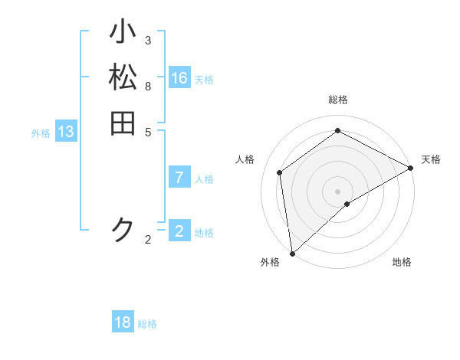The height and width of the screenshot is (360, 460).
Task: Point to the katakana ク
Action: (x=123, y=230)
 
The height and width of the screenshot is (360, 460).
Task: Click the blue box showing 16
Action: (x=179, y=78)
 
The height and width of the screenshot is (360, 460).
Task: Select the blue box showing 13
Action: (x=66, y=132)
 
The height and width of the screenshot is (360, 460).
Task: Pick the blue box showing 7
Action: (x=179, y=178)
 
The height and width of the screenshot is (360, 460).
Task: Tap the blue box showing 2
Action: (x=179, y=231)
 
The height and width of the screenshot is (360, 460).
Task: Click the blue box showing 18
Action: (x=123, y=322)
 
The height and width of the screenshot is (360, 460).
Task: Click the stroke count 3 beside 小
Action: (x=148, y=40)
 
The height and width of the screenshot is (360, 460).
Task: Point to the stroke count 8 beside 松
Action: (x=148, y=85)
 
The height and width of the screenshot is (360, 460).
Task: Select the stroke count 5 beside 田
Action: (x=148, y=131)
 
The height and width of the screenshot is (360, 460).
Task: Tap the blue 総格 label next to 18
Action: (x=147, y=324)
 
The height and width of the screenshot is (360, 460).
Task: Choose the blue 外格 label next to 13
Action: (x=41, y=133)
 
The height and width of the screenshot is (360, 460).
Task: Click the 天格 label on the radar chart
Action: (x=431, y=159)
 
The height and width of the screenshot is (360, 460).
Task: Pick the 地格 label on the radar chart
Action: (x=402, y=262)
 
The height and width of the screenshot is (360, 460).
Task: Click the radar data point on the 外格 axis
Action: (x=292, y=253)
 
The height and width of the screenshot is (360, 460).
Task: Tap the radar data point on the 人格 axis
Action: (x=280, y=172)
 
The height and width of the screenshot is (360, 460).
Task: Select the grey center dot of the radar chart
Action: (x=337, y=191)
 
